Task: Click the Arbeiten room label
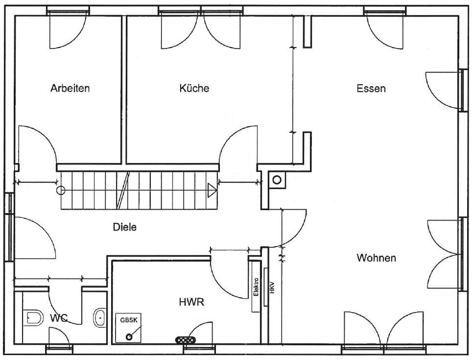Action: pos(70,88)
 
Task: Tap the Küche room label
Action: pos(194,88)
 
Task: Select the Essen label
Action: pos(371,89)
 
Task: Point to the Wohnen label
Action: pos(376,258)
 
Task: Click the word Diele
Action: pos(124,227)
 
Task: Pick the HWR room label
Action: pos(191,302)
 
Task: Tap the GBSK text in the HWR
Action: pos(129,320)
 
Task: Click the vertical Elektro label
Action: pos(256,287)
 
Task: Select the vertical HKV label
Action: pos(272,288)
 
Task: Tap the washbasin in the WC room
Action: pos(99,317)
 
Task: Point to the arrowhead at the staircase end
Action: pos(212,191)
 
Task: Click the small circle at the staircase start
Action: pos(61,191)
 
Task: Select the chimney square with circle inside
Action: pos(277,180)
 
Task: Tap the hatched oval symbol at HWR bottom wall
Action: pos(186,340)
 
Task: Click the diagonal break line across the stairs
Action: pos(123,191)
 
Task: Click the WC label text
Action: pos(59,318)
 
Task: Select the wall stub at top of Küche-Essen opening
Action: pos(307,32)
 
